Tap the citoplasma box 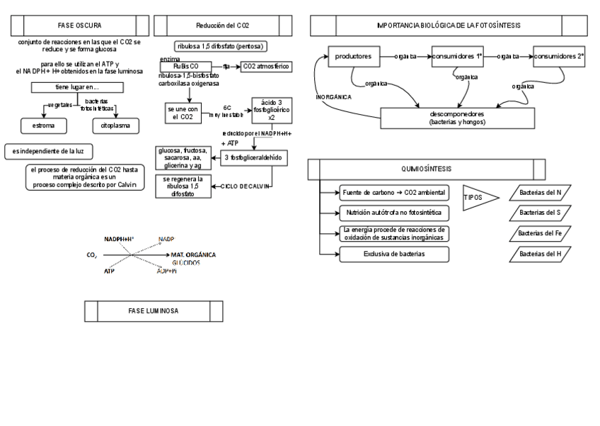[115, 125]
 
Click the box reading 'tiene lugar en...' [78, 87]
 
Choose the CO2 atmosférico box [266, 66]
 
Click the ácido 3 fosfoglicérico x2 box [272, 110]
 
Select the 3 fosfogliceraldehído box [255, 157]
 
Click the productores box [354, 55]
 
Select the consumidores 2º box [559, 55]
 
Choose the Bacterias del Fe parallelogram [540, 232]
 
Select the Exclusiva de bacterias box [394, 253]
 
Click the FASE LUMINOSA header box [154, 310]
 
